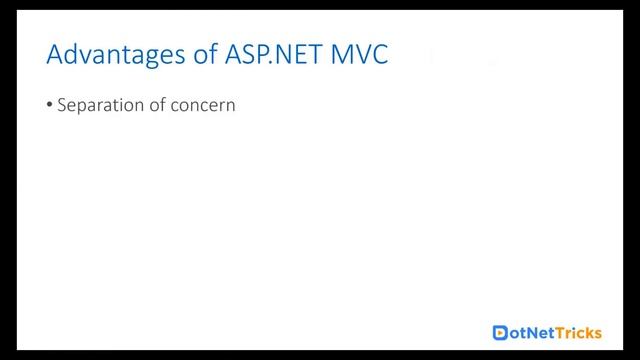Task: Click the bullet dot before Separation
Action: [x=50, y=105]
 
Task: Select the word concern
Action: [x=204, y=105]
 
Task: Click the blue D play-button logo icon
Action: [x=502, y=332]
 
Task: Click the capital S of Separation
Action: [x=62, y=104]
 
